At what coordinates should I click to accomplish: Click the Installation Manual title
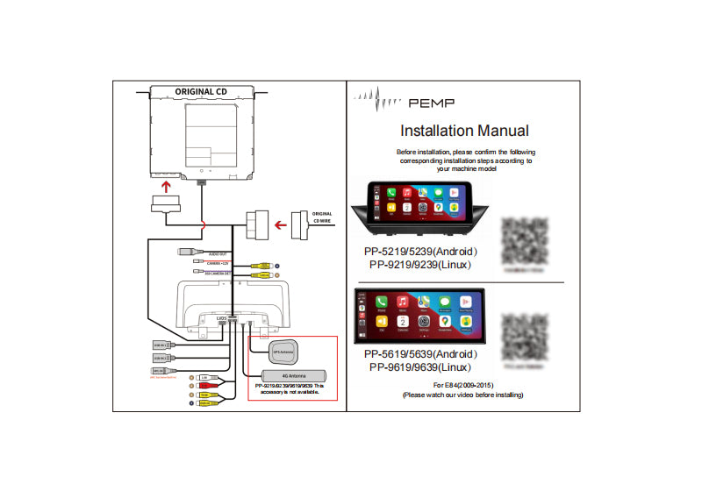pyautogui.click(x=464, y=131)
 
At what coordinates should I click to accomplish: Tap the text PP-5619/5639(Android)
pyautogui.click(x=421, y=354)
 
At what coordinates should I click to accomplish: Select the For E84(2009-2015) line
pyautogui.click(x=465, y=385)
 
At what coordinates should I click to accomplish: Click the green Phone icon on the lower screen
pyautogui.click(x=382, y=302)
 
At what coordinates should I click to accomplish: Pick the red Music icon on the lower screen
pyautogui.click(x=403, y=302)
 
